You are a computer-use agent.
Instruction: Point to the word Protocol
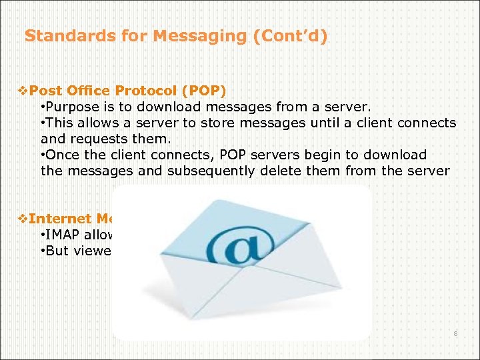[142, 91]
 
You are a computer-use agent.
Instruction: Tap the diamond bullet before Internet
[23, 218]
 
